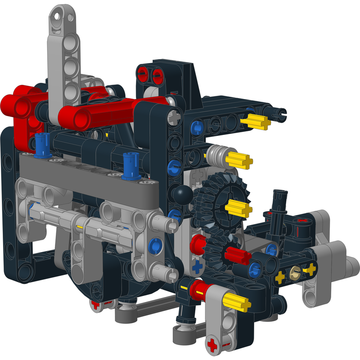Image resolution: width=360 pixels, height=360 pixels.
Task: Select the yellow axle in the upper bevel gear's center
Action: coord(238,207)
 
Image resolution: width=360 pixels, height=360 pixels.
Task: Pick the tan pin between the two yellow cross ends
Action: coord(296,272)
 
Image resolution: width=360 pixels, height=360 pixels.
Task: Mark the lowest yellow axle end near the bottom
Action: coord(237,302)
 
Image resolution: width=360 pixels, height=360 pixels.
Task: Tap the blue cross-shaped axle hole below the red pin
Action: coord(196,266)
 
